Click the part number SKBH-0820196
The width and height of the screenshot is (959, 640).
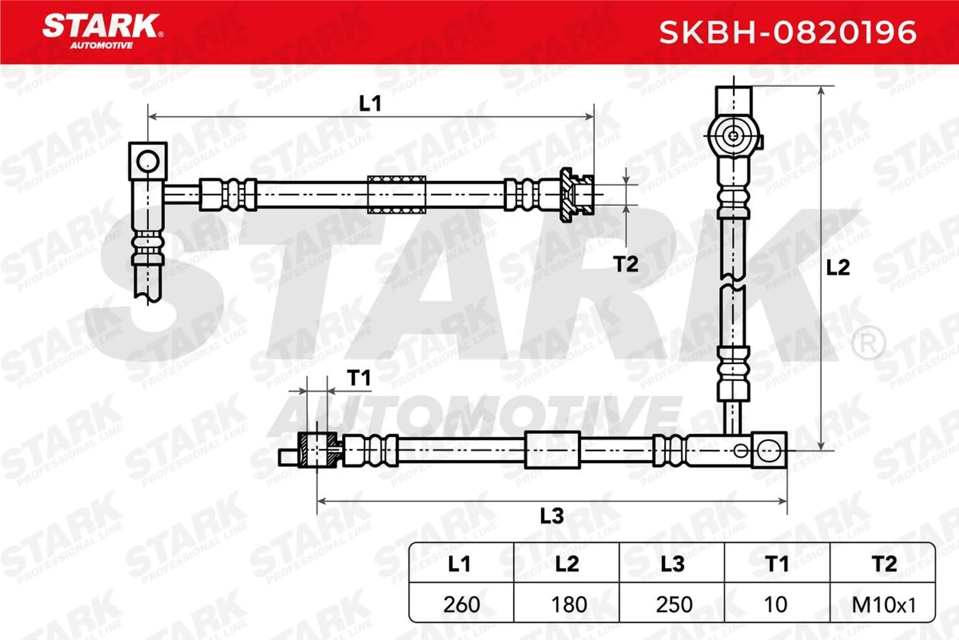pos(788,32)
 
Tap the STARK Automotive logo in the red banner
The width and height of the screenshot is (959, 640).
pos(103,31)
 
